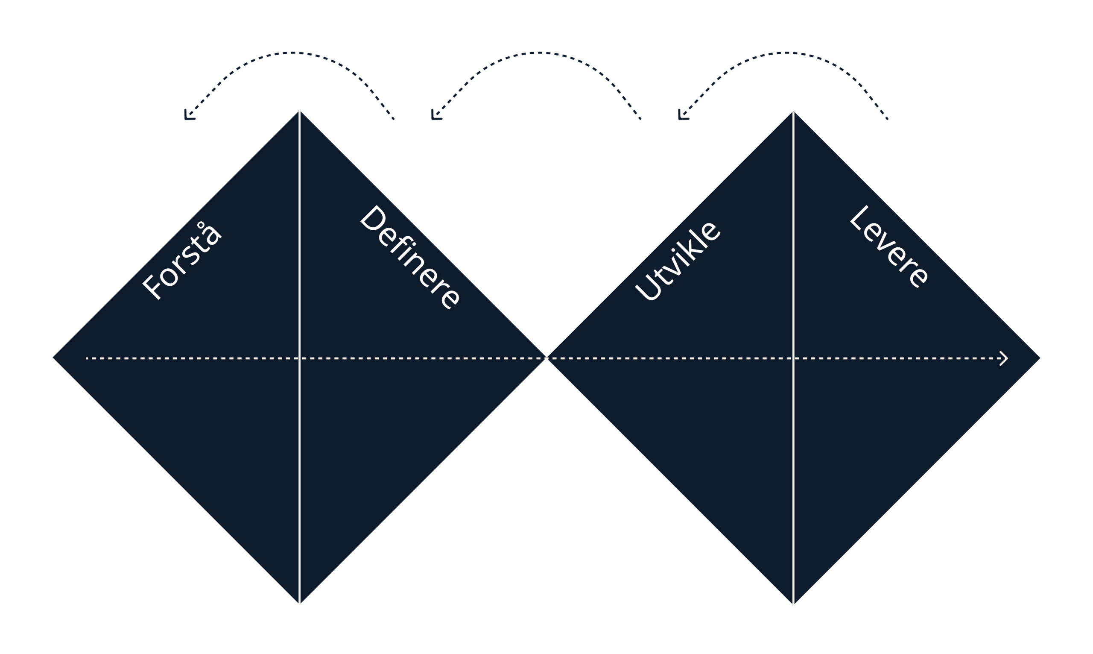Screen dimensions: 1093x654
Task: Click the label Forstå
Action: coord(181,261)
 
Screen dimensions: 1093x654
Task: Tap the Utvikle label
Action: coord(677,261)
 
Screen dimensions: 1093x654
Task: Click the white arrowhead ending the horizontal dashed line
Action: coord(1004,358)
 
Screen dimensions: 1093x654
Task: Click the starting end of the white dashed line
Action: coord(87,358)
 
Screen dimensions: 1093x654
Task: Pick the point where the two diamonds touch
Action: coord(546,358)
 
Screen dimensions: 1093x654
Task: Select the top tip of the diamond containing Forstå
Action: coord(299,111)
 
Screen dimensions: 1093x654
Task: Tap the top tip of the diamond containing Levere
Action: coord(793,111)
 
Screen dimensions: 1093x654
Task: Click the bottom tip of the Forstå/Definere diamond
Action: coord(299,604)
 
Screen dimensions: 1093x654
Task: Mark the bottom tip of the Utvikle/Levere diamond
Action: coord(793,604)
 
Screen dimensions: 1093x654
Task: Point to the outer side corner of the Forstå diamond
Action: coord(53,358)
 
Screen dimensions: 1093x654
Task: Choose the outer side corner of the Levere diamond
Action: coord(1040,358)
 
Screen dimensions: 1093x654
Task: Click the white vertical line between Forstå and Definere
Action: coord(299,358)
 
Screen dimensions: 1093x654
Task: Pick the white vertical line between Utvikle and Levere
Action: coord(793,358)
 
